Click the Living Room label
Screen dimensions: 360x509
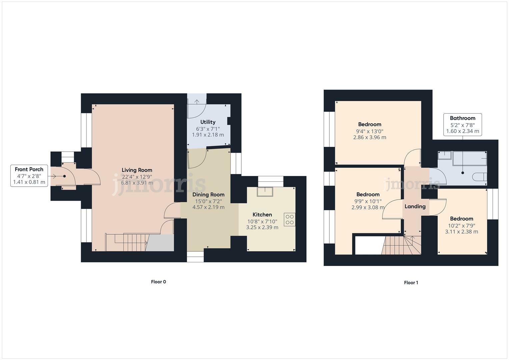point(137,170)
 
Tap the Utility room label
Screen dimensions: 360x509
point(208,122)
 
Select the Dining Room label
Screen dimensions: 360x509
point(208,195)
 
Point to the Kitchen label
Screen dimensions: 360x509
point(262,215)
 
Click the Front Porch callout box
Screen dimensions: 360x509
point(29,176)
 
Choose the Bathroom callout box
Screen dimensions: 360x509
point(462,124)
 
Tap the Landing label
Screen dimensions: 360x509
point(415,206)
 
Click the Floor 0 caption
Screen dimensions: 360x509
point(158,282)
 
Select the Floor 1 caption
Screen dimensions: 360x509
point(411,283)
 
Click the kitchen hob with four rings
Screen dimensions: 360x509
point(289,219)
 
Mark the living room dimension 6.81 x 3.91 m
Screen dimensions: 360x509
point(137,183)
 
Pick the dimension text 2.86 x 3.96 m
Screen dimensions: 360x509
point(370,137)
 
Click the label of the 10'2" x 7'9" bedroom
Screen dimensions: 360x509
point(462,219)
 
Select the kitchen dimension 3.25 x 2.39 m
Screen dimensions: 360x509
point(262,227)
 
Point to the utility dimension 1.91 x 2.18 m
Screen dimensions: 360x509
point(208,135)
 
